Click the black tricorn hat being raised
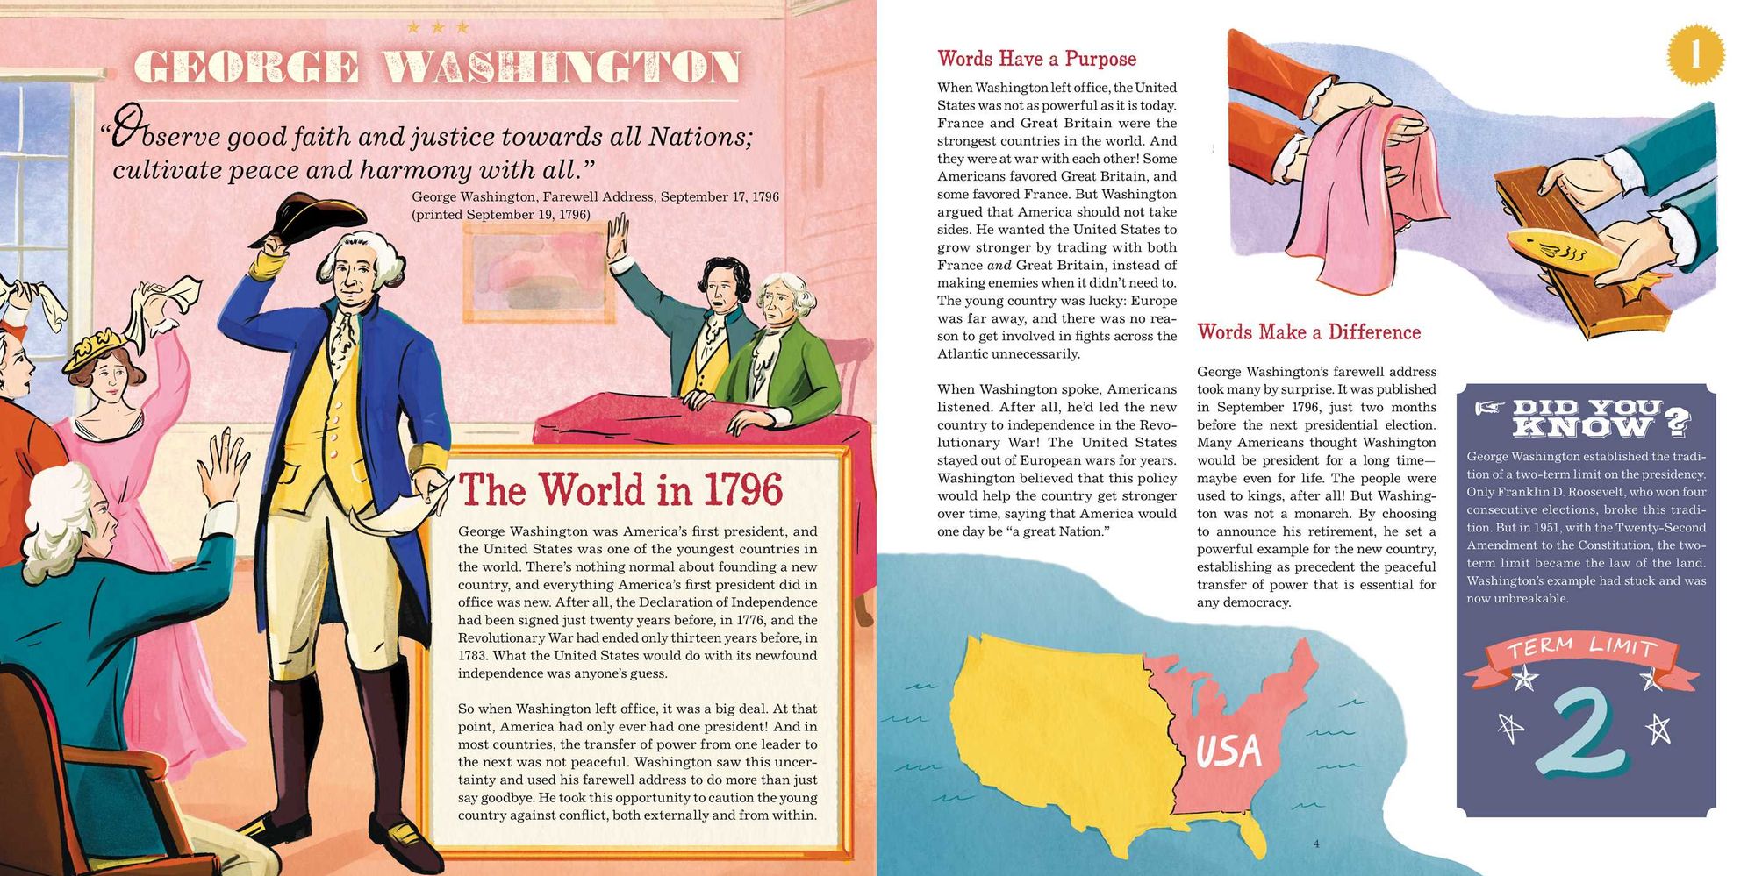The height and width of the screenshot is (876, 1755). [x=307, y=219]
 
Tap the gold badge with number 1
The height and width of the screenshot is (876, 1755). [x=1694, y=54]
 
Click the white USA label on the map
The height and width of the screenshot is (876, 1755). [x=1228, y=751]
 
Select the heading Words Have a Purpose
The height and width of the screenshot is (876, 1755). [x=1036, y=59]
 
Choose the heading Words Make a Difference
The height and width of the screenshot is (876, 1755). [x=1308, y=332]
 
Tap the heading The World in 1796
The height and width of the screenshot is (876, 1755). [x=620, y=490]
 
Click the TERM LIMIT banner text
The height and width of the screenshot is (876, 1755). [x=1581, y=649]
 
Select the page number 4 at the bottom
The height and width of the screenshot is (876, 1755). [x=1316, y=844]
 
